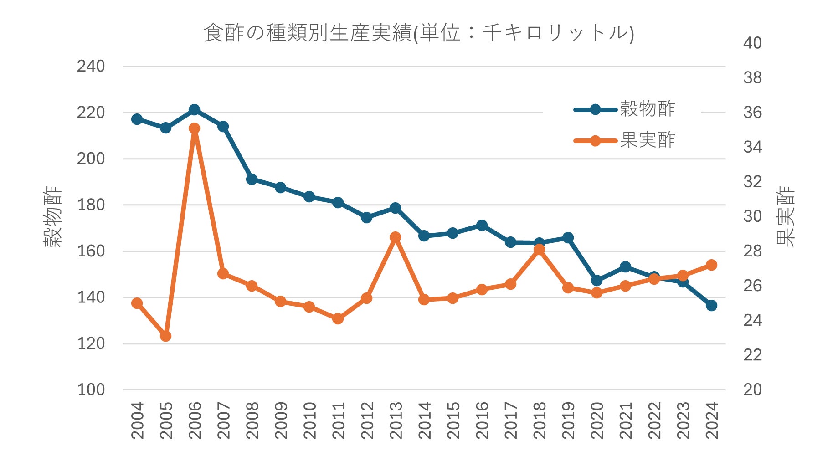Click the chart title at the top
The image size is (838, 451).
418,33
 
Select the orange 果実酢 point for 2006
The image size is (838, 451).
195,128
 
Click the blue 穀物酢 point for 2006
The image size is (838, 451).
195,110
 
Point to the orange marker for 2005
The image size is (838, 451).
166,336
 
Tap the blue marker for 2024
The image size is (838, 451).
711,306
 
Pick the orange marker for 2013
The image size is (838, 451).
396,237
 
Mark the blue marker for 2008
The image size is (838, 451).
252,179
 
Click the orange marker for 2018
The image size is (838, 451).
539,250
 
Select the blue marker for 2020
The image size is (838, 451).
596,281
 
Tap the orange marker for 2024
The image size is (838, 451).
711,265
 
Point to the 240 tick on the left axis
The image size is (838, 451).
91,67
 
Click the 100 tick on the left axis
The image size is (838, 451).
91,390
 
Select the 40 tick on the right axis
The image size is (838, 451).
752,43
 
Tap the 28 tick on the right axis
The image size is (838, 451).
752,251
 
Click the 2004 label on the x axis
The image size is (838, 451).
137,420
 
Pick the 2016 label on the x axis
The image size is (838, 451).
482,420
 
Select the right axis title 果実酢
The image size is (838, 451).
785,216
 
